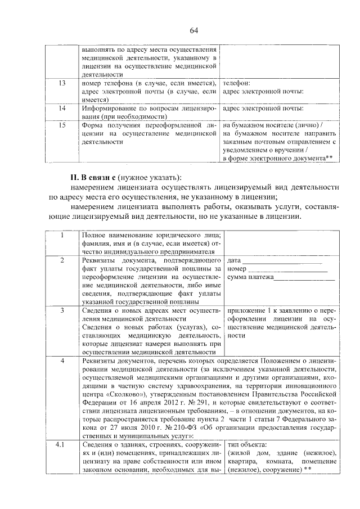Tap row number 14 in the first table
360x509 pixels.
[x=63, y=107]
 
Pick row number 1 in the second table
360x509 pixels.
[x=63, y=236]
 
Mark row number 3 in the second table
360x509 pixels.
[x=63, y=310]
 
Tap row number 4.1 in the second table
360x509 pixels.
[x=63, y=445]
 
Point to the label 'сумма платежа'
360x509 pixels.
[x=250, y=277]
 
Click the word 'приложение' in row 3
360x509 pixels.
[x=246, y=310]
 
